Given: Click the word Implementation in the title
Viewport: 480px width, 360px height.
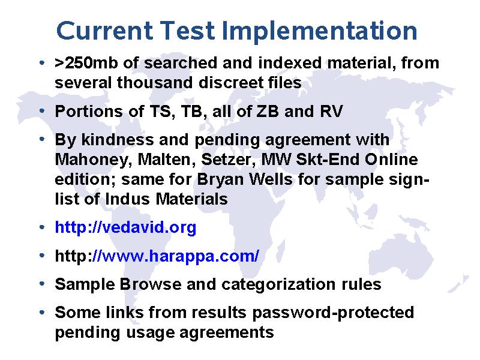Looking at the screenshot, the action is click(x=320, y=31).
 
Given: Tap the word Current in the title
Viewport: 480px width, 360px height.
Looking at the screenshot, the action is click(x=104, y=31).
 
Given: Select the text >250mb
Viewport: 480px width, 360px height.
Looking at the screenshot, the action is click(x=86, y=63).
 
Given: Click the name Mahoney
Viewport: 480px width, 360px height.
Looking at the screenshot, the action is click(x=94, y=160).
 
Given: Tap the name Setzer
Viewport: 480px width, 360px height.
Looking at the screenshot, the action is click(x=229, y=160).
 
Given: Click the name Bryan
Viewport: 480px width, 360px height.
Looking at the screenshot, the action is click(x=220, y=179).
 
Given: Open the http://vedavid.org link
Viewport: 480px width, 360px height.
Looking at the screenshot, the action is click(x=125, y=227).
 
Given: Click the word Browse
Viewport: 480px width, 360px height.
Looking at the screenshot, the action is click(x=151, y=284).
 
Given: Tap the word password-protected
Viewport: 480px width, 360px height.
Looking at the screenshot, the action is click(x=333, y=313).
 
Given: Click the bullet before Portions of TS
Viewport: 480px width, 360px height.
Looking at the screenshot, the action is click(x=42, y=111).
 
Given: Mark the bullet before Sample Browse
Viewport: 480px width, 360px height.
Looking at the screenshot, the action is click(x=42, y=284).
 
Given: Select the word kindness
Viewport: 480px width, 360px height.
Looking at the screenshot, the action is click(x=117, y=140).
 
